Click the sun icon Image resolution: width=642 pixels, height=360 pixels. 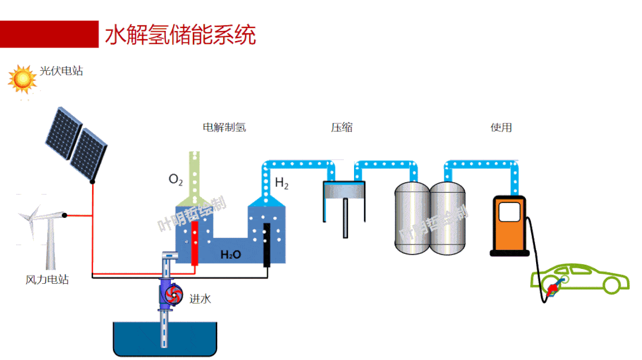(23, 79)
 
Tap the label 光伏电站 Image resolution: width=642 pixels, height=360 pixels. (61, 71)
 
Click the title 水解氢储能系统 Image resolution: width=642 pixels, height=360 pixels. (180, 35)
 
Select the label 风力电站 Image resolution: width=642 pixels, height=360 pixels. (47, 279)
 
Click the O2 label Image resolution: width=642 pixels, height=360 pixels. (176, 179)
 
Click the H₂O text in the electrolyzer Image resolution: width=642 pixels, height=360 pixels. (231, 255)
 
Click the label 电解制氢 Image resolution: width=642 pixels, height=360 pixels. (224, 127)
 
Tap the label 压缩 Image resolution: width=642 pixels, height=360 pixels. (342, 127)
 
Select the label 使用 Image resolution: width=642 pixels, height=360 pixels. (501, 127)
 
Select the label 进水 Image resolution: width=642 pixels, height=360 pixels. (200, 299)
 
